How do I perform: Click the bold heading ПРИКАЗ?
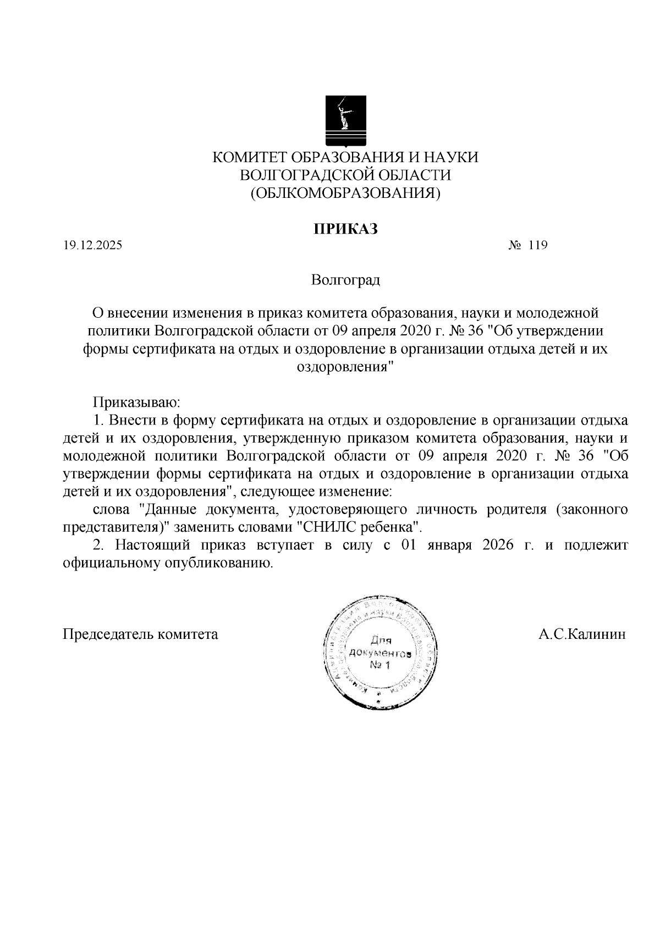click(x=345, y=229)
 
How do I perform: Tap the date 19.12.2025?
click(x=92, y=246)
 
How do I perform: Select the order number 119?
click(x=537, y=246)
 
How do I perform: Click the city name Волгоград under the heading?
click(x=345, y=281)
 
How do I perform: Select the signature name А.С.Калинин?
click(x=582, y=634)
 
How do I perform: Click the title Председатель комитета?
click(x=141, y=634)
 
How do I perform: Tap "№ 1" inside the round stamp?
click(x=380, y=666)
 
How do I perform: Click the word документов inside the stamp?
click(x=380, y=653)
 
